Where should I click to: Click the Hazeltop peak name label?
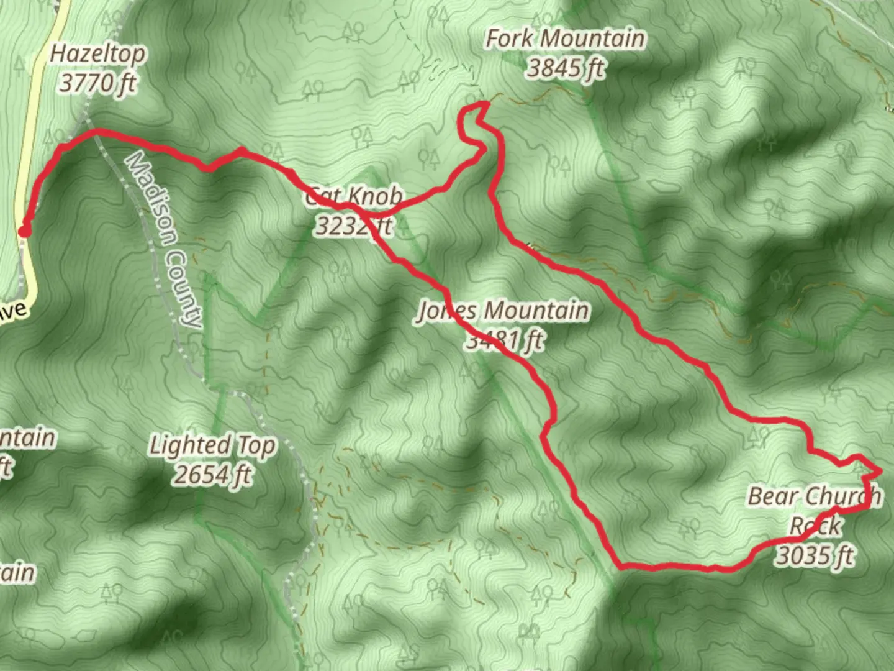pos(97,53)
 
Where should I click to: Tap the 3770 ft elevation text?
pos(97,82)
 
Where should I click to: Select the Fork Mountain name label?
pos(565,39)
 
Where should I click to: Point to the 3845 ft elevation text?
pos(565,67)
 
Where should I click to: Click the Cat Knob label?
pos(354,197)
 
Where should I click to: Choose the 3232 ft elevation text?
pos(354,226)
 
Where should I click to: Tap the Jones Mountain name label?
pos(503,310)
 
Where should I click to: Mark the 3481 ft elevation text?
pos(504,340)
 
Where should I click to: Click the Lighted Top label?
pos(212,445)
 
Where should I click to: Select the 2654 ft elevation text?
pos(212,475)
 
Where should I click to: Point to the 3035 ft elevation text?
pos(815,555)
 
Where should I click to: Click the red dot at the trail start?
pos(24,232)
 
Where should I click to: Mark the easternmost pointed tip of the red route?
pos(880,471)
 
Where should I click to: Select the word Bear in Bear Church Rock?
pos(768,496)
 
